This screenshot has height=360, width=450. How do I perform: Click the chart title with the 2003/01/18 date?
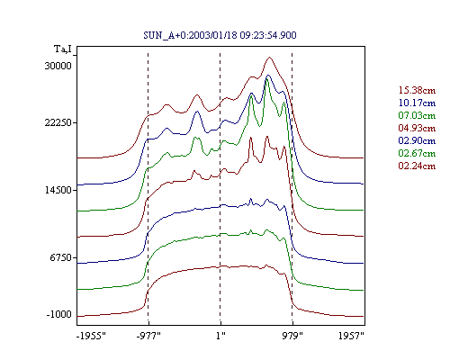[220, 35]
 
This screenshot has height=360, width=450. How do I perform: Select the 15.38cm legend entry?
[417, 90]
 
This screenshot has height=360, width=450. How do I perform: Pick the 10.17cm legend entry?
[417, 103]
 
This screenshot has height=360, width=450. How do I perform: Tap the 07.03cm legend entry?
[417, 115]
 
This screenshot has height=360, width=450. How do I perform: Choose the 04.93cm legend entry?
[417, 128]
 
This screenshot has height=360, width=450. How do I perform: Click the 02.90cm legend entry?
[417, 140]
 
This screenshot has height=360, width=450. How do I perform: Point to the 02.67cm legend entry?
[417, 153]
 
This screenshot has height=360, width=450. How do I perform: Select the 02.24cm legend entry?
[417, 166]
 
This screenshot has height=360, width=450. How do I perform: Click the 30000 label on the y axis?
[58, 66]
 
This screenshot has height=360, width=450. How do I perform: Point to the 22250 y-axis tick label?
[58, 122]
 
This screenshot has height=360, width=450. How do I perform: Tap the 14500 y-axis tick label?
[58, 190]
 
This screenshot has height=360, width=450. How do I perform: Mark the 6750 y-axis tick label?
[61, 257]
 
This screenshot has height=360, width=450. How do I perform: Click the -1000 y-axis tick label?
[59, 314]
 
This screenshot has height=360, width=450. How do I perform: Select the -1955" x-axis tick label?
[91, 336]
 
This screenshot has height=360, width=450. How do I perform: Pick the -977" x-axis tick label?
[148, 336]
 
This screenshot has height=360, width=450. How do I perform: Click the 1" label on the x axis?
[220, 336]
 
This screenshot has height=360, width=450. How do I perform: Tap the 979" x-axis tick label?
[292, 336]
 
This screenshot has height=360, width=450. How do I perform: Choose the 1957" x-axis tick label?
[351, 336]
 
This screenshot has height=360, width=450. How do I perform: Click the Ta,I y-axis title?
[63, 49]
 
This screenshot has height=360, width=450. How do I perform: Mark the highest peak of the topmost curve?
[270, 57]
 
